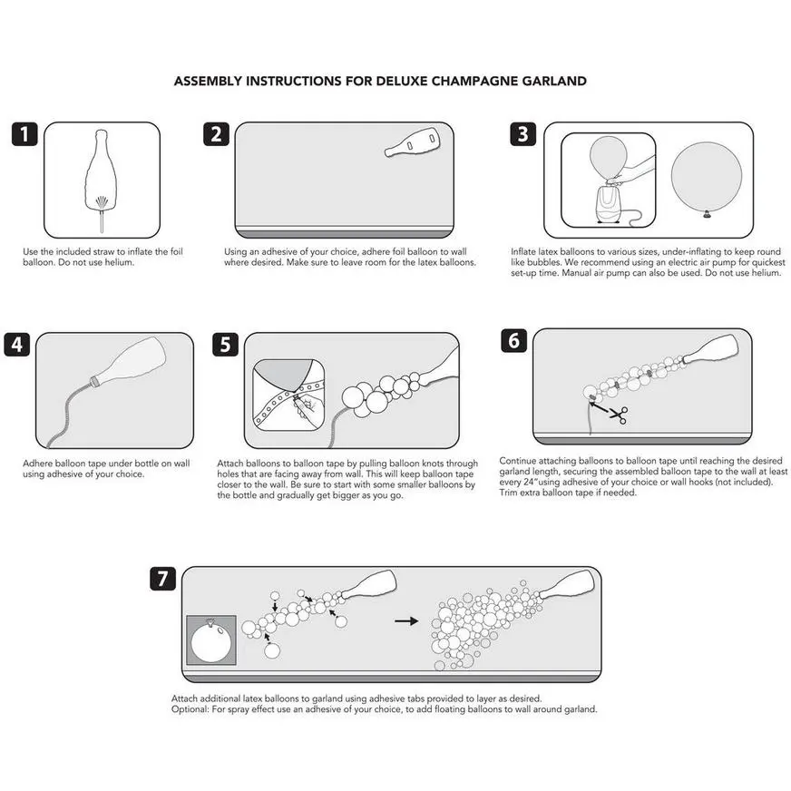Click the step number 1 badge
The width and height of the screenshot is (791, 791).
(x=25, y=134)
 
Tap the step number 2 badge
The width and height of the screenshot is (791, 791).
(x=216, y=134)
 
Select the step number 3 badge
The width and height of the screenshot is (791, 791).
(x=522, y=134)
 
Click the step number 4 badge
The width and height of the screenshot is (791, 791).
(x=18, y=346)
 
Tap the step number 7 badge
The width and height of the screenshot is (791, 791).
(x=162, y=579)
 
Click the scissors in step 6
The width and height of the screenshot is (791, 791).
(x=617, y=415)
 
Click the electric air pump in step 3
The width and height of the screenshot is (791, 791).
(x=606, y=202)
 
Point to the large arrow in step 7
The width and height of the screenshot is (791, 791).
(x=406, y=621)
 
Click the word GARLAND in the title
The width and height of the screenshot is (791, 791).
(x=555, y=81)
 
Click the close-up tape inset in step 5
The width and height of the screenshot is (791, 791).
(x=288, y=392)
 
